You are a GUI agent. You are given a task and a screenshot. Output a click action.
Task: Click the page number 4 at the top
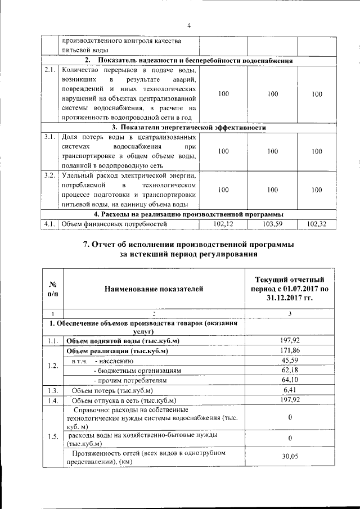[189, 25]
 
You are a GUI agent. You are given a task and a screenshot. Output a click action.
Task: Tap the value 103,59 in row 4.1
[273, 224]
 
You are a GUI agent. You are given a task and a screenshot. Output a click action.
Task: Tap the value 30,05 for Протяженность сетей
[289, 457]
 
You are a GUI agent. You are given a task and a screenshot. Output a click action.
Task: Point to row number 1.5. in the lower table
[53, 437]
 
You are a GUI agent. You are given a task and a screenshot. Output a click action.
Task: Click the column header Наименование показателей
[153, 289]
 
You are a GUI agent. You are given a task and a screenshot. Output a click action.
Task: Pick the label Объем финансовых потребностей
[106, 224]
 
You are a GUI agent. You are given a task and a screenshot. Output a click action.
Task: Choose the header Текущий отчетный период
[289, 289]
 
